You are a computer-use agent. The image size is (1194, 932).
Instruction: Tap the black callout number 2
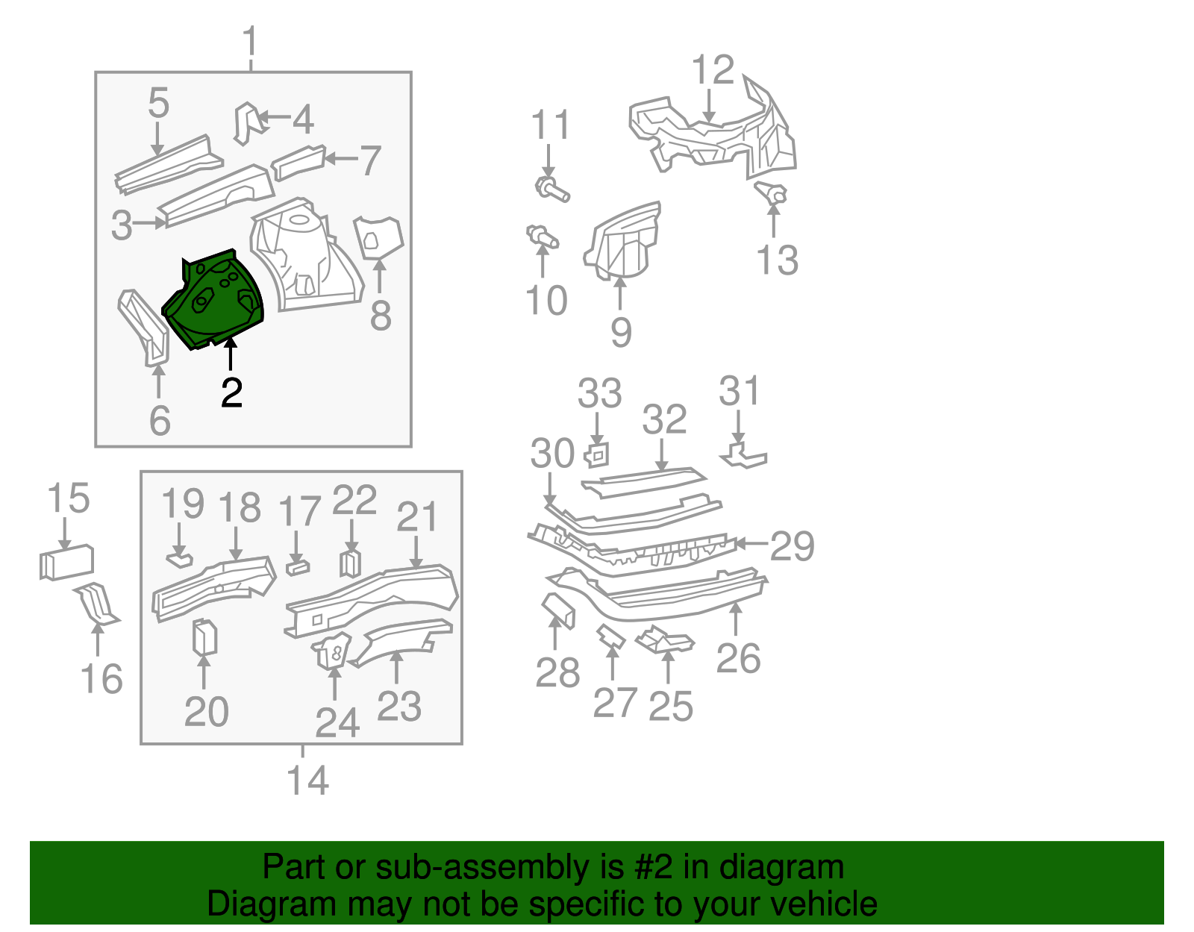click(231, 393)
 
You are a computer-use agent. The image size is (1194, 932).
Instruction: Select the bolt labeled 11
click(552, 189)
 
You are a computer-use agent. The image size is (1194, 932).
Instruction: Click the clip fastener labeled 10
click(543, 237)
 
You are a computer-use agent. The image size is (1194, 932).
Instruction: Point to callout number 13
click(777, 260)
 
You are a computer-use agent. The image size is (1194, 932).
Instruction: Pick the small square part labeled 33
click(597, 454)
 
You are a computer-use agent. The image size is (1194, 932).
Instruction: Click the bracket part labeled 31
click(743, 454)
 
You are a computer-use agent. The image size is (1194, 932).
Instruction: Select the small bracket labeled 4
click(248, 122)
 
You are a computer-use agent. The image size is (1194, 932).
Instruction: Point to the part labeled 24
click(333, 651)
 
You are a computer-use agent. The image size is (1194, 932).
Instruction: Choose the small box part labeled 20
click(204, 637)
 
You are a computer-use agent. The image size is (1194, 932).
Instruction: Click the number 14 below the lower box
click(307, 780)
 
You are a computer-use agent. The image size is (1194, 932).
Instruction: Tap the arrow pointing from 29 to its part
click(752, 544)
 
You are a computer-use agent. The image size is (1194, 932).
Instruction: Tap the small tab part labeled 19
click(179, 558)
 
